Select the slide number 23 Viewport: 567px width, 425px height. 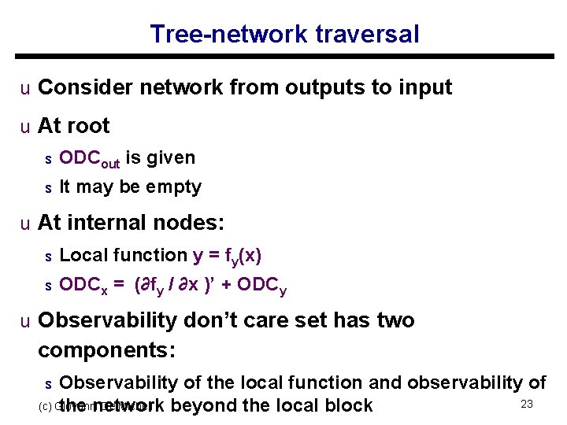(x=528, y=404)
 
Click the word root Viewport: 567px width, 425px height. (x=89, y=126)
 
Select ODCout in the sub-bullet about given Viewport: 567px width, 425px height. (x=89, y=158)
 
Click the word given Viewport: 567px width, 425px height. (x=169, y=157)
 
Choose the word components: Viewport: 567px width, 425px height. (x=106, y=349)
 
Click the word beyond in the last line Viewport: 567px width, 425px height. (x=201, y=406)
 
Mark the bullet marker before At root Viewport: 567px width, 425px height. (x=26, y=127)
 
